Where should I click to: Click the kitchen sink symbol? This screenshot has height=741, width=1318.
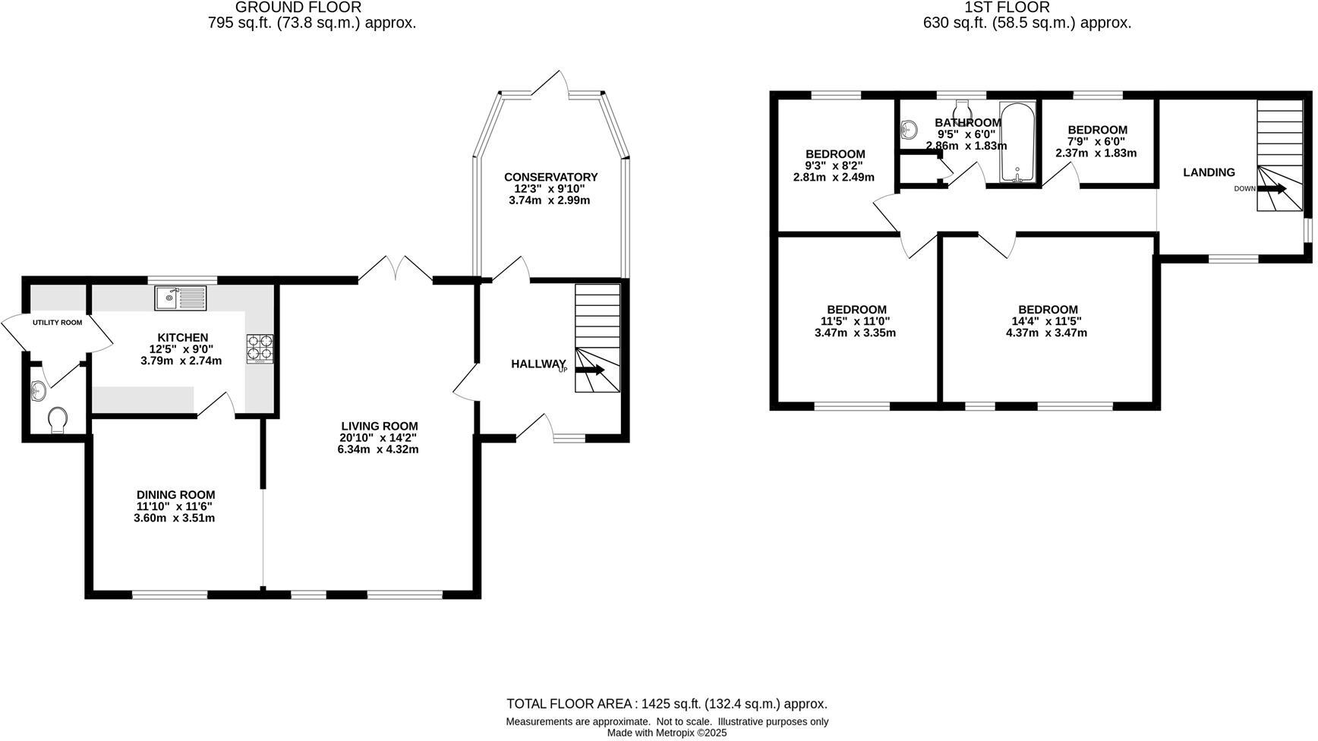tap(180, 298)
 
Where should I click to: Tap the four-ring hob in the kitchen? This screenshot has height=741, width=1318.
tap(260, 348)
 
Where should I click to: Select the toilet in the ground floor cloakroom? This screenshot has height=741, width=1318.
tap(58, 419)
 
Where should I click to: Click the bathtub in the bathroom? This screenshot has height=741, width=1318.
tap(1015, 142)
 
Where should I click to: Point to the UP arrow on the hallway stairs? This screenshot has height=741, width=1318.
tap(589, 370)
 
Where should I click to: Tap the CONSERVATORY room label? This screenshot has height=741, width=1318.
tap(550, 177)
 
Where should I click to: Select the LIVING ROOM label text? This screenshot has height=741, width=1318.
tap(379, 426)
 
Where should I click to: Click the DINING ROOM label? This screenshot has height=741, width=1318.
tap(175, 494)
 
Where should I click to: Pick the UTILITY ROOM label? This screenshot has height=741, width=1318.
tap(57, 323)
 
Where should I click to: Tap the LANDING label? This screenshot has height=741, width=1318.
tap(1209, 172)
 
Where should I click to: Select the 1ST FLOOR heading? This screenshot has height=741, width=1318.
tap(1007, 8)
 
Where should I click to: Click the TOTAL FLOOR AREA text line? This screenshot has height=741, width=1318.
tap(667, 704)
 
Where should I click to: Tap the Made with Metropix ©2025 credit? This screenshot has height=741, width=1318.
tap(667, 733)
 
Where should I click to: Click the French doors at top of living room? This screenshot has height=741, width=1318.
tap(395, 270)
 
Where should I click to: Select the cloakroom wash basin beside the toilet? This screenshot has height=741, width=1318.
tap(39, 392)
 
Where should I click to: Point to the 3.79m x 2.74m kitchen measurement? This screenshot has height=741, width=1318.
tap(181, 361)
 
